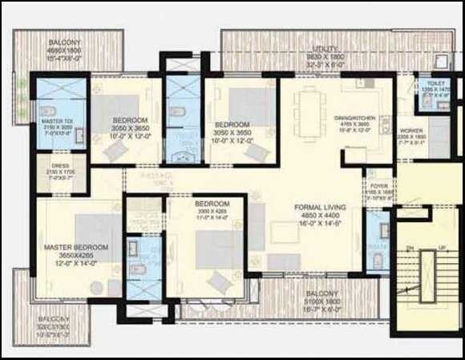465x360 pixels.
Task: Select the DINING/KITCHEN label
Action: click(x=353, y=118)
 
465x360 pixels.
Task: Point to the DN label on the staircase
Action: click(x=410, y=249)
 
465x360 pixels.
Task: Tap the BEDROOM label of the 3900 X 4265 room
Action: click(x=212, y=203)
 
